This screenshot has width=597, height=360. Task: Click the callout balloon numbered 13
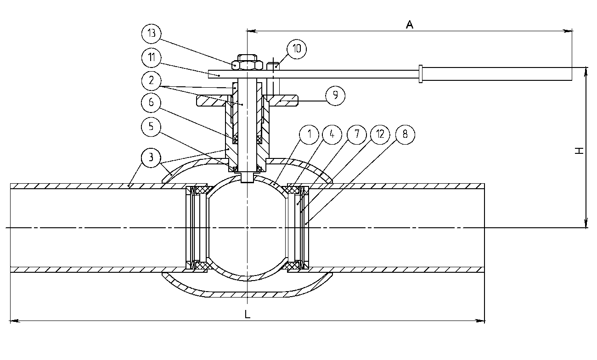point(152,34)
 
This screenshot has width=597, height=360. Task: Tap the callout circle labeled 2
point(152,81)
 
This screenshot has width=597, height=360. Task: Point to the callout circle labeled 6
point(151,102)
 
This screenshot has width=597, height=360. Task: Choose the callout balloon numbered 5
point(151,127)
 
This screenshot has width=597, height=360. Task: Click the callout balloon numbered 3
point(151,158)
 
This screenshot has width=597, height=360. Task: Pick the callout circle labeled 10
point(297,49)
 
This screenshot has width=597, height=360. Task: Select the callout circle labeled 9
point(335,96)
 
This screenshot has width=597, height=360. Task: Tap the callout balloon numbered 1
point(309,135)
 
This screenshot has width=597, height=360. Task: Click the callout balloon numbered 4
point(332,135)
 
